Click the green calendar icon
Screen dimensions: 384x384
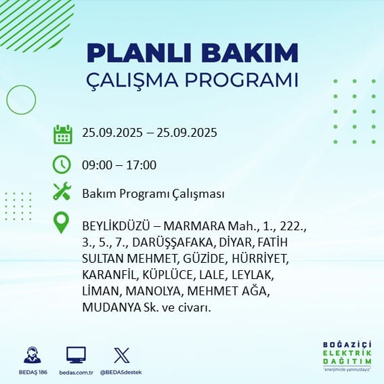pos(63,134)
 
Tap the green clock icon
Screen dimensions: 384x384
pos(62,165)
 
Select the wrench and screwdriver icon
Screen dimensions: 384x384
pos(62,191)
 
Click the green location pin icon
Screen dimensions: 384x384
pos(61,222)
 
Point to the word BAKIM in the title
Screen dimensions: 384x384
pos(249,53)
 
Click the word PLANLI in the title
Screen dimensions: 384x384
pos(140,53)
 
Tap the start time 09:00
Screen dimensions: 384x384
pos(97,165)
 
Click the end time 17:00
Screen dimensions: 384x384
pos(142,165)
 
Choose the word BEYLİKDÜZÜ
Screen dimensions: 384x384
pos(116,226)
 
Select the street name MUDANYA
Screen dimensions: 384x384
pos(112,307)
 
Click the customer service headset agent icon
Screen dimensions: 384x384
pos(33,355)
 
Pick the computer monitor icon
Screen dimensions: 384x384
pos(76,355)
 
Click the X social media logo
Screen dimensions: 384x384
pos(122,356)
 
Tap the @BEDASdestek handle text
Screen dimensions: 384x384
pos(121,372)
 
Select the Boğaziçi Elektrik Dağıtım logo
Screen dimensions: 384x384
pos(347,356)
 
